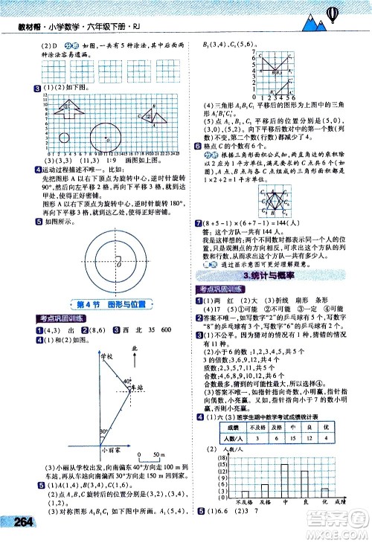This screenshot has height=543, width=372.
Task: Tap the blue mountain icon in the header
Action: point(310,24)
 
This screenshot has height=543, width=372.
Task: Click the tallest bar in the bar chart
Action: point(284,486)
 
